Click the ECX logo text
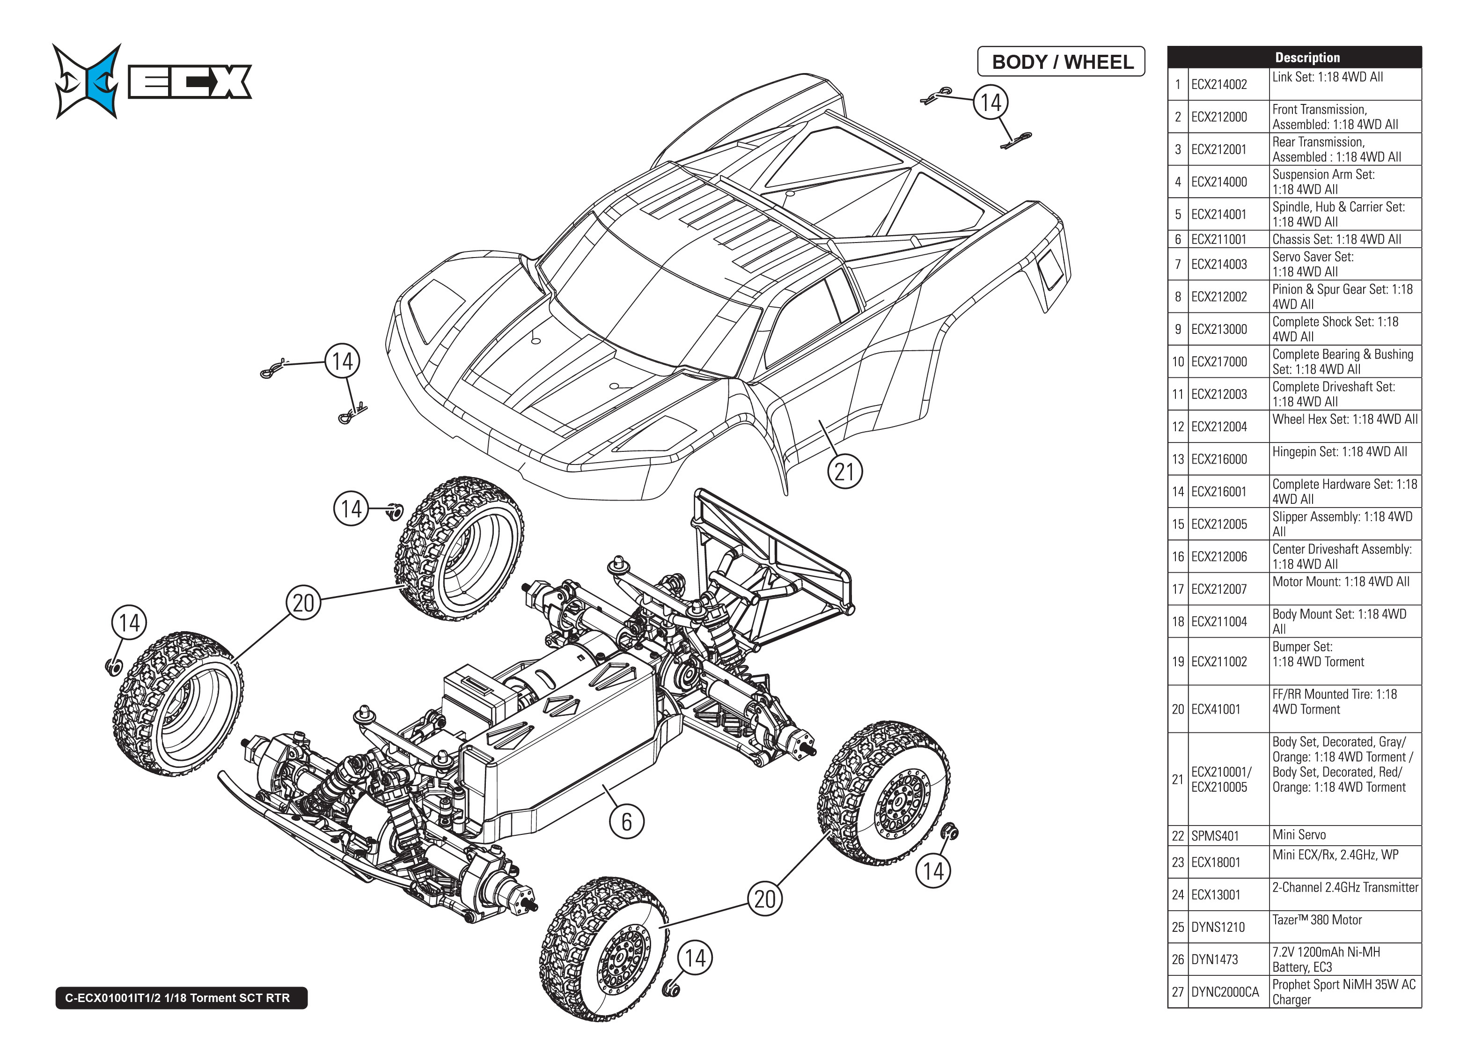coord(190,82)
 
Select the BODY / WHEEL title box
coord(1061,62)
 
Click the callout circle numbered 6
coord(626,822)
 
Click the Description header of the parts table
coord(1307,57)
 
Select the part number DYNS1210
coord(1218,927)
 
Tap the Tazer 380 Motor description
coord(1317,920)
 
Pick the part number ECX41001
coord(1215,709)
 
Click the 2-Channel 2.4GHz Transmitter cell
coord(1344,887)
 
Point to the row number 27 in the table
coord(1177,992)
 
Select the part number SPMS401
coord(1214,836)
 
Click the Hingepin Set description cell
coord(1339,452)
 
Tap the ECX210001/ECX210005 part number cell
coord(1221,780)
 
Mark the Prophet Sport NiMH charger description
coord(1343,992)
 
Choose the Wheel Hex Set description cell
coord(1344,419)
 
